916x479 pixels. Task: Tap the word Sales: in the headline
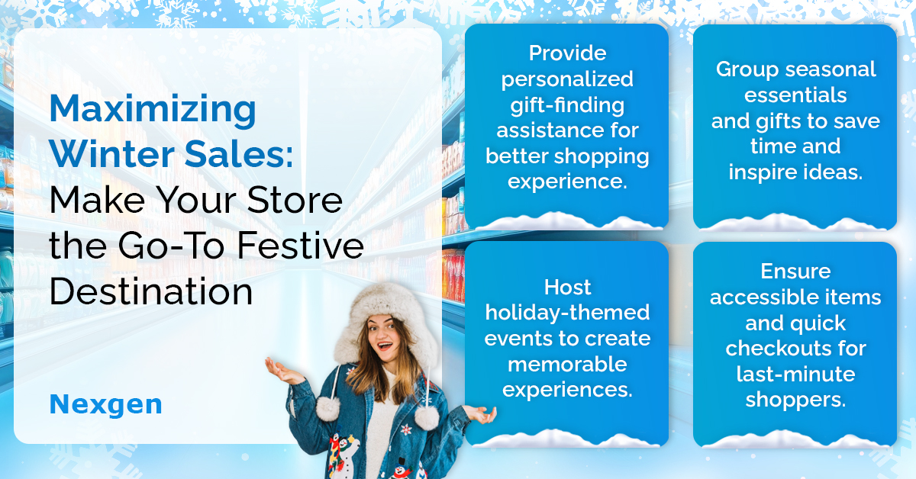(239, 153)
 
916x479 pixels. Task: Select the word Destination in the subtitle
(151, 291)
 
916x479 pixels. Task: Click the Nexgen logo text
(106, 405)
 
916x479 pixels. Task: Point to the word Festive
(300, 246)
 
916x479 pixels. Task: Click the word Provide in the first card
(567, 53)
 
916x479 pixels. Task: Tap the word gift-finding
(567, 105)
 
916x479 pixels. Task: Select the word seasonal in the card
(831, 69)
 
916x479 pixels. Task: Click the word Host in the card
(567, 288)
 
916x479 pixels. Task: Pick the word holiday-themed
(567, 313)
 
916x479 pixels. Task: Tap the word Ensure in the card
(795, 272)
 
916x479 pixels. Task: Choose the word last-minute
(795, 374)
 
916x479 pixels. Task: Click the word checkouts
(776, 349)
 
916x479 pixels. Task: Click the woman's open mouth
(385, 346)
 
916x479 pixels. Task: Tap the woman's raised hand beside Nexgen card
(282, 371)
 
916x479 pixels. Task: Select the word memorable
(567, 364)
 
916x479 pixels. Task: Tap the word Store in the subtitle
(295, 201)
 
